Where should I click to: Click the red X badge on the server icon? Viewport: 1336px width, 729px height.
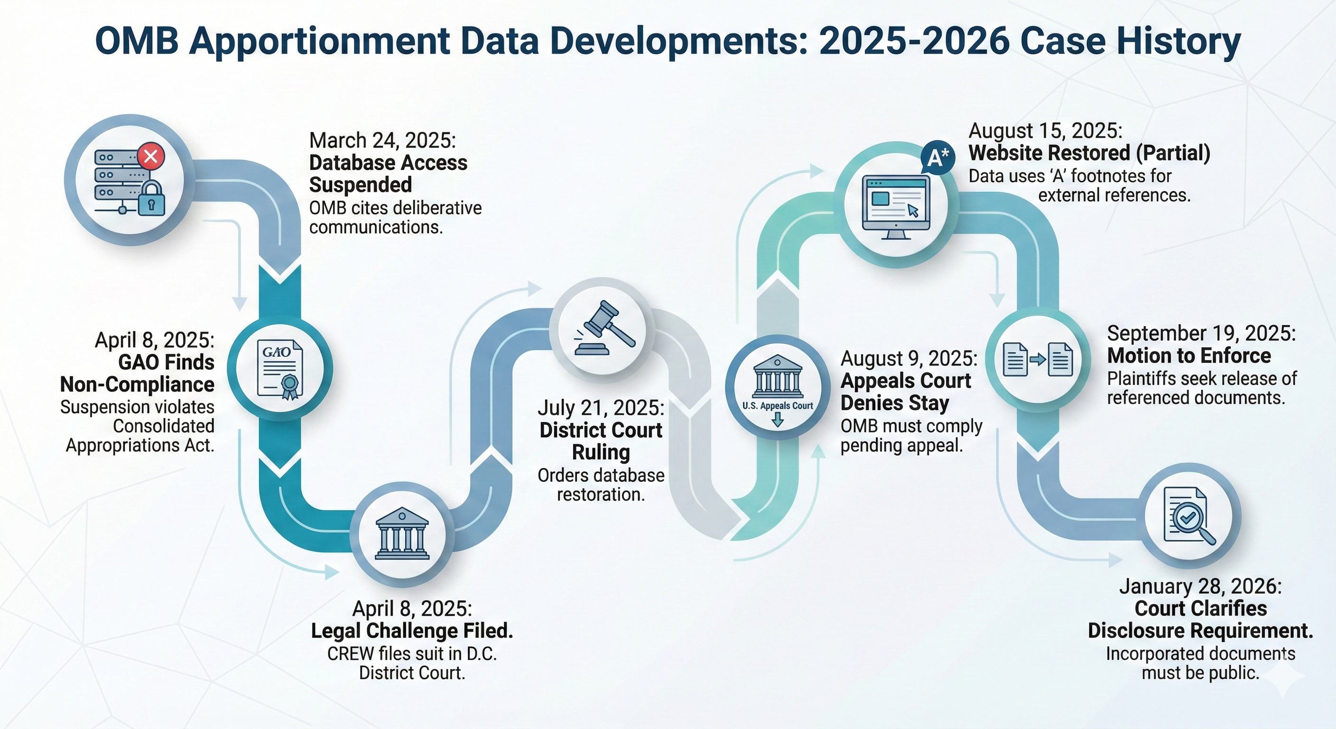pos(150,156)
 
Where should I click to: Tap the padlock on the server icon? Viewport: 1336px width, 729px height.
pos(151,199)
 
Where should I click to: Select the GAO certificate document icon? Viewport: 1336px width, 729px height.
pos(280,369)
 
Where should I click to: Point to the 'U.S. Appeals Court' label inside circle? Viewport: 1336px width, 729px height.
pos(778,406)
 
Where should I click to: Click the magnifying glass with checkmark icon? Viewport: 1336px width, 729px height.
pos(1190,516)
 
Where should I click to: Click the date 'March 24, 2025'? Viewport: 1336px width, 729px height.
pos(382,140)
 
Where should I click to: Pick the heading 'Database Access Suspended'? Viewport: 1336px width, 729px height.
pos(388,174)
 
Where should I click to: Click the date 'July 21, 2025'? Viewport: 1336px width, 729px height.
pos(601,408)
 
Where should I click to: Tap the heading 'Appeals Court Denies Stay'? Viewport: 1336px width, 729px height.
pos(906,392)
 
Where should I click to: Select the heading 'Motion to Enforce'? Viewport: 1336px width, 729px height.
pos(1189,356)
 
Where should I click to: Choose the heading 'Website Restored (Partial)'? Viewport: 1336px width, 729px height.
pos(1089,153)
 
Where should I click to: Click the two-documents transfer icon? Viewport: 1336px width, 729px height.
pos(1037,360)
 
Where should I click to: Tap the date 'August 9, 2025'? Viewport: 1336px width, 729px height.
pos(909,358)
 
